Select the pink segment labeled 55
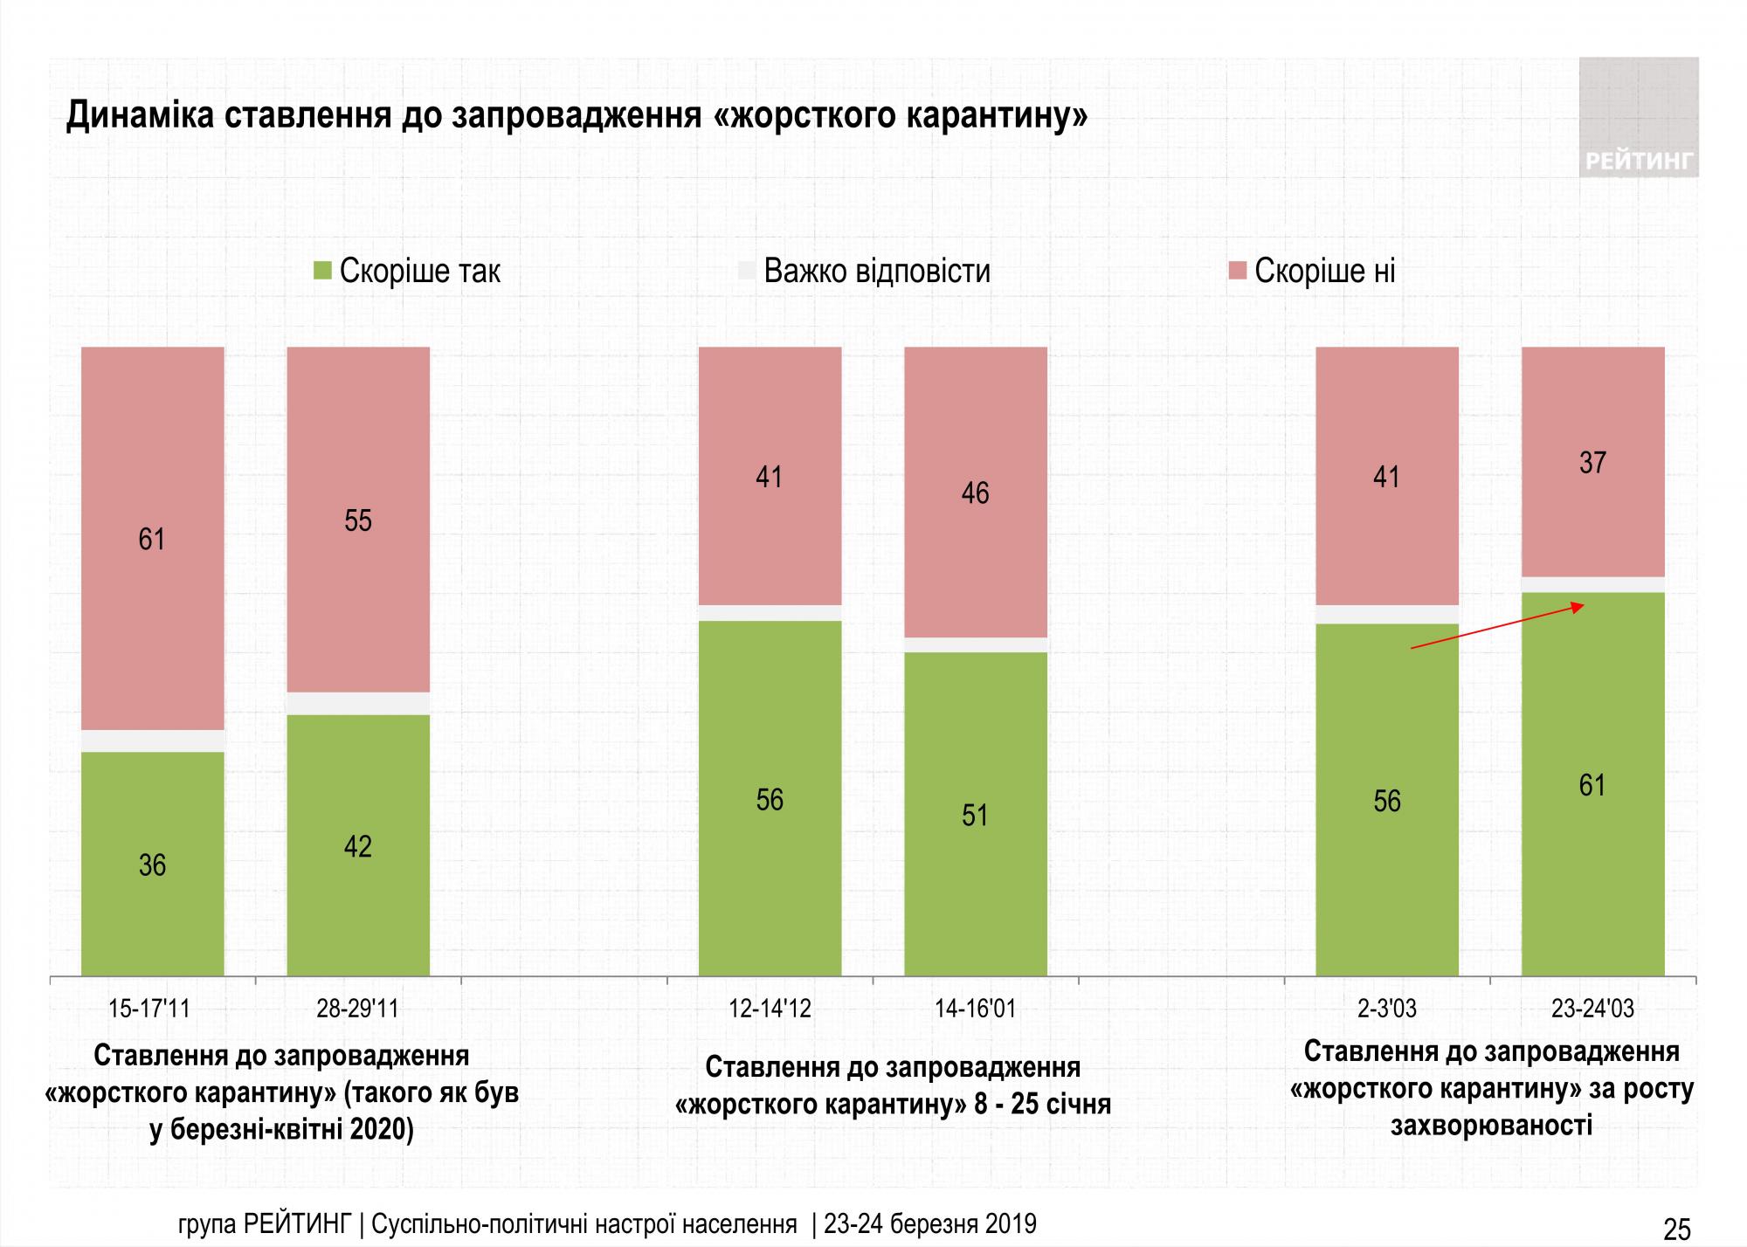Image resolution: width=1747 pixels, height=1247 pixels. (x=358, y=520)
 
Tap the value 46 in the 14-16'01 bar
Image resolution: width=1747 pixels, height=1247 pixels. (x=975, y=493)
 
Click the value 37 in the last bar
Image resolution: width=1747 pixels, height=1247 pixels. (x=1592, y=462)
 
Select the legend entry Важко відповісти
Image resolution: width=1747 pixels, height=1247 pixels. (x=876, y=272)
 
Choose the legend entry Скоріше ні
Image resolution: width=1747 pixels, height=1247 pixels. (x=1323, y=272)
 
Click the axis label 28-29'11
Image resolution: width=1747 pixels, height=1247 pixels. (x=357, y=1009)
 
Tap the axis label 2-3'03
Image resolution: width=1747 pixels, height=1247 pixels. (x=1387, y=1009)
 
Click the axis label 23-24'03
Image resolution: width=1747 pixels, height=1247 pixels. (x=1592, y=1009)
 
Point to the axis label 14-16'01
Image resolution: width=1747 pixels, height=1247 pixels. (x=975, y=1009)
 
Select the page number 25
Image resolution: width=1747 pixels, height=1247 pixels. (x=1677, y=1230)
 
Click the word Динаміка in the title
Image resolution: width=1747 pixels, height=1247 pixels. (x=140, y=116)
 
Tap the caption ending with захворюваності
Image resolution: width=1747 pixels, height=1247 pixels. (x=1491, y=1088)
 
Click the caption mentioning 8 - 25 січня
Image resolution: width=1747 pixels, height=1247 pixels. (x=892, y=1085)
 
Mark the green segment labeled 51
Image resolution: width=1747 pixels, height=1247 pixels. (x=975, y=814)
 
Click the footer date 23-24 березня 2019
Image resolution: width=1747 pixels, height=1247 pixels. (x=929, y=1224)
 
